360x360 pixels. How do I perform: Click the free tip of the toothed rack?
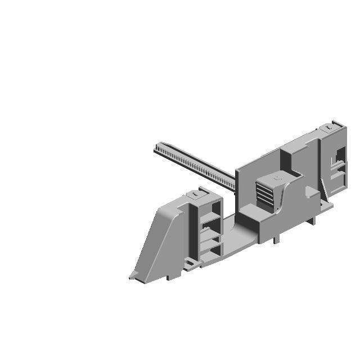click(157, 147)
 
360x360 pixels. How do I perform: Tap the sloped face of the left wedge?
click(158, 236)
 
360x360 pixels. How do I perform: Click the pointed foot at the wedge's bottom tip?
click(133, 276)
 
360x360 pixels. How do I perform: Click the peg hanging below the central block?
click(275, 239)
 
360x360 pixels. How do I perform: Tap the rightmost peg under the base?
click(314, 221)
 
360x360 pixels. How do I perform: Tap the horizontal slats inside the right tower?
click(337, 169)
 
